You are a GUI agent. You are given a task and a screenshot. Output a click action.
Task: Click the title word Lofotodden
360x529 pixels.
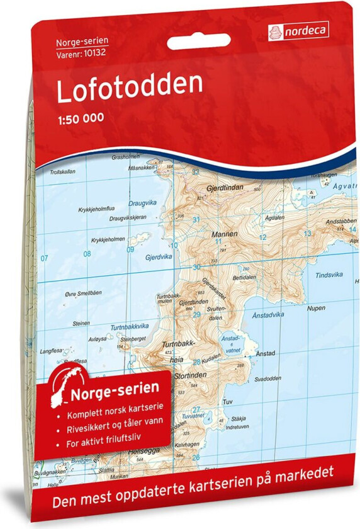tap(130, 89)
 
